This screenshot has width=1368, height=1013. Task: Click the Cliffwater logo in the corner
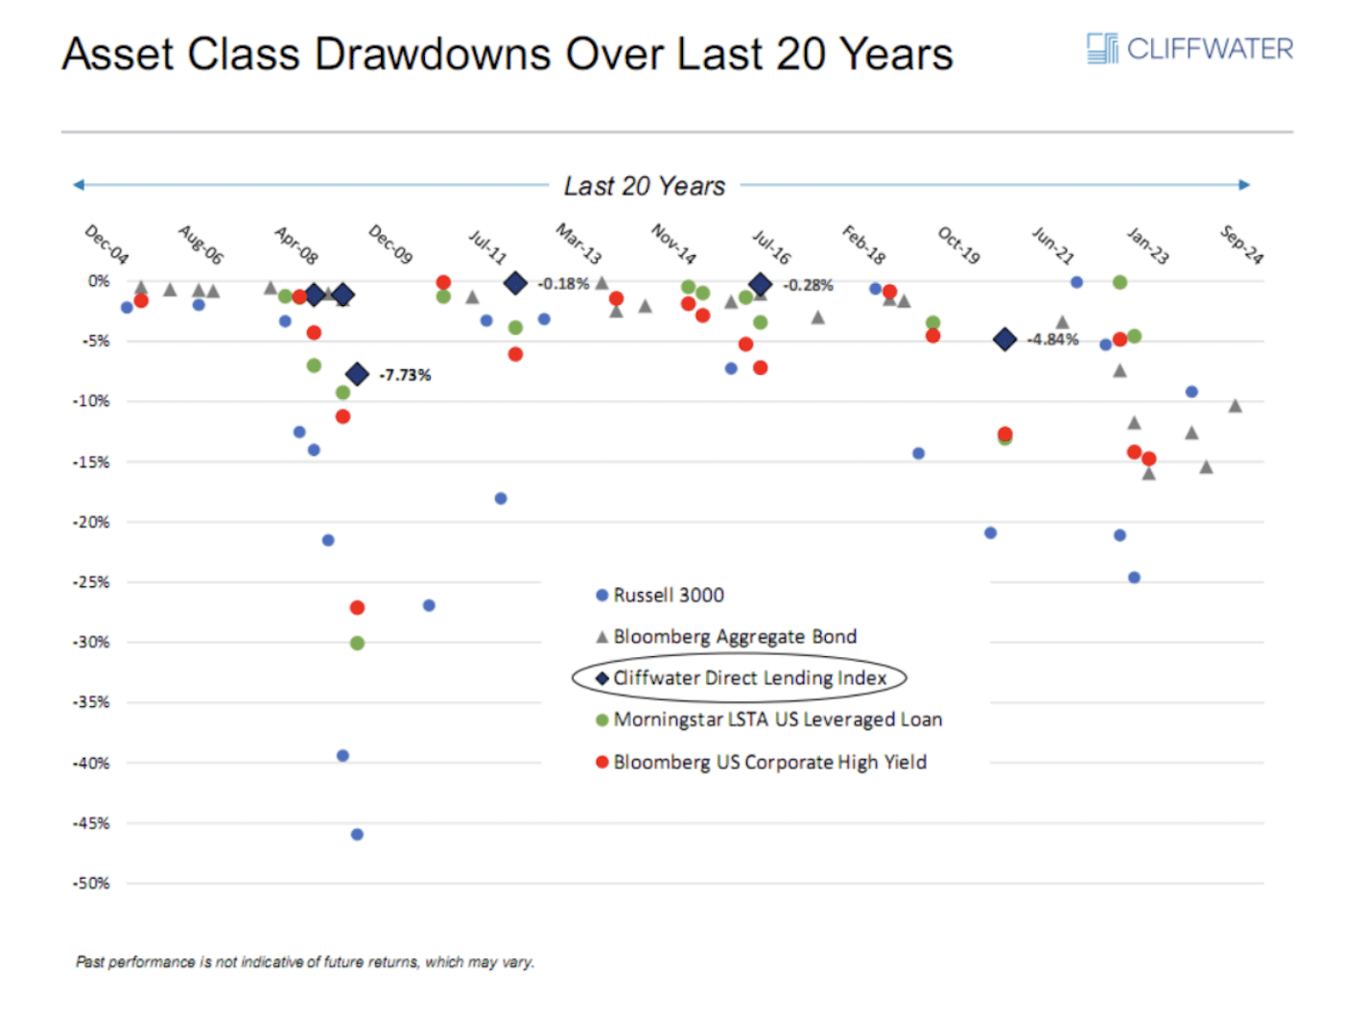pyautogui.click(x=1190, y=48)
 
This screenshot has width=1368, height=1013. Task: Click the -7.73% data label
pyautogui.click(x=405, y=375)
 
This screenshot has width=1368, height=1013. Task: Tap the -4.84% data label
pyautogui.click(x=1052, y=340)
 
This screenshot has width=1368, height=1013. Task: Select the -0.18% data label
pyautogui.click(x=563, y=284)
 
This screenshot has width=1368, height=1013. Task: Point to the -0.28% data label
pyautogui.click(x=808, y=285)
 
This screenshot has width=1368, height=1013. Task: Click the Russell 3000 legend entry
pyautogui.click(x=668, y=596)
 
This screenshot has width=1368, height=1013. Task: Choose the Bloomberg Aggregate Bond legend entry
pyautogui.click(x=734, y=637)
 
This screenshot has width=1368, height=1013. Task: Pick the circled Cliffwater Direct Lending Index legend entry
pyautogui.click(x=748, y=678)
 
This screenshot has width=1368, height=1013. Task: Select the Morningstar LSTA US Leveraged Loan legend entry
pyautogui.click(x=776, y=719)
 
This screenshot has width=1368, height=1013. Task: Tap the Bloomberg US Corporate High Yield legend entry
pyautogui.click(x=768, y=763)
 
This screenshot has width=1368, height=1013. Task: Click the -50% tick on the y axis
pyautogui.click(x=91, y=883)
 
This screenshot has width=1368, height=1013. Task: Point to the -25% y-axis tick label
pyautogui.click(x=91, y=582)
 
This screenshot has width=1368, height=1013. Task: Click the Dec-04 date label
pyautogui.click(x=106, y=244)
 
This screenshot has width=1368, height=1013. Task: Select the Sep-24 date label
pyautogui.click(x=1242, y=244)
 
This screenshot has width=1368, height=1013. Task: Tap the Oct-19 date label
pyautogui.click(x=958, y=245)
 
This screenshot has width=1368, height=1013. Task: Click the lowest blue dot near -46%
pyautogui.click(x=357, y=835)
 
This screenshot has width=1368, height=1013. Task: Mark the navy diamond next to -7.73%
pyautogui.click(x=357, y=374)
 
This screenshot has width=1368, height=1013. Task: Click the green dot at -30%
pyautogui.click(x=357, y=643)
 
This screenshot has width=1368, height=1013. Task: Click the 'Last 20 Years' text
pyautogui.click(x=644, y=186)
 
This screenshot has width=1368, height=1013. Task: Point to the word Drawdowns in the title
pyautogui.click(x=433, y=54)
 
